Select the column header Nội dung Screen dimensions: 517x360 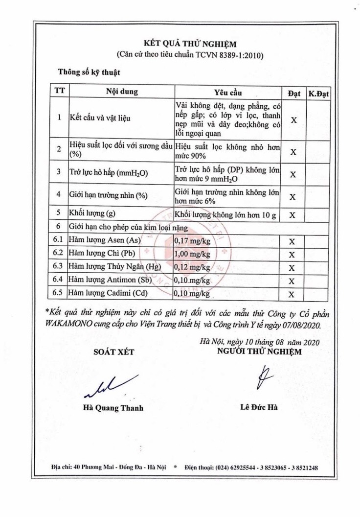point(122,92)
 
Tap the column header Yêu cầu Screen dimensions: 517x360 point(227,92)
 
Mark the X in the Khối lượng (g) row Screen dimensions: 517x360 point(292,215)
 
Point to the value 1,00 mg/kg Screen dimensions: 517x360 point(193,254)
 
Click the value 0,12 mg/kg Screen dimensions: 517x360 point(193,267)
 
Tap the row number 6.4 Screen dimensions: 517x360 point(59,281)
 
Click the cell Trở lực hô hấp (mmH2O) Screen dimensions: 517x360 point(109,172)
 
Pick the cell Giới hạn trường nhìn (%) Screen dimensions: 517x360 point(109,194)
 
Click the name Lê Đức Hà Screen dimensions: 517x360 point(259,407)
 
